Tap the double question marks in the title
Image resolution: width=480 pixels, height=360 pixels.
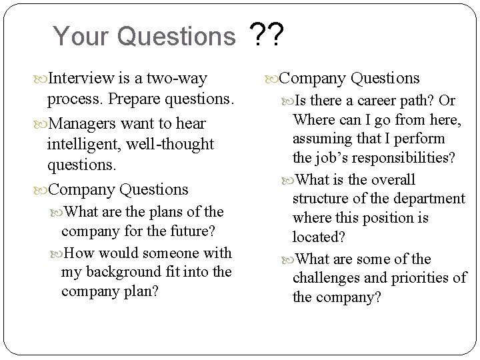[267, 34]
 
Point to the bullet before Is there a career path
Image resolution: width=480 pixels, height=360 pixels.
[289, 101]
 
